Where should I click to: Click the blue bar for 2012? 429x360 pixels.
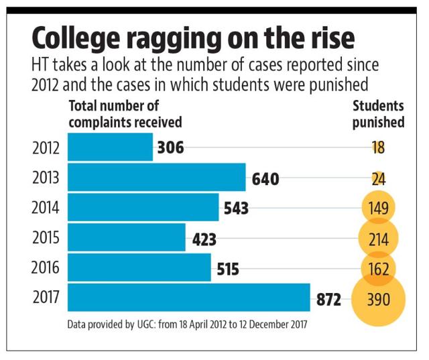[110, 147]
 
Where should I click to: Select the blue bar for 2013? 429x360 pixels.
[157, 178]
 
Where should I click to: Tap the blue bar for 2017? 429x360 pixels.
[189, 297]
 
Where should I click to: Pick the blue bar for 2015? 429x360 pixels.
[127, 237]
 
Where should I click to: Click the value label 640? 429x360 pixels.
[265, 179]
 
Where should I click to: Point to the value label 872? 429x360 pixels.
[328, 298]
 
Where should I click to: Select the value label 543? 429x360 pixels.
[236, 208]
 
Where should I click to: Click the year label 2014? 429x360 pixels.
[46, 208]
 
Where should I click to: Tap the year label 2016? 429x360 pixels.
[46, 267]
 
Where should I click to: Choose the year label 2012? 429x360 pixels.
[46, 147]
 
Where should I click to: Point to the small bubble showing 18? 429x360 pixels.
[378, 148]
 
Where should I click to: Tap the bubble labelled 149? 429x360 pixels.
[378, 208]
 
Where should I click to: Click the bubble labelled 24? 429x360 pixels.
[378, 178]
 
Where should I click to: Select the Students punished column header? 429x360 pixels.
[378, 115]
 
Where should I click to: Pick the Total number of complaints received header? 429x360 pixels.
[125, 115]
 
